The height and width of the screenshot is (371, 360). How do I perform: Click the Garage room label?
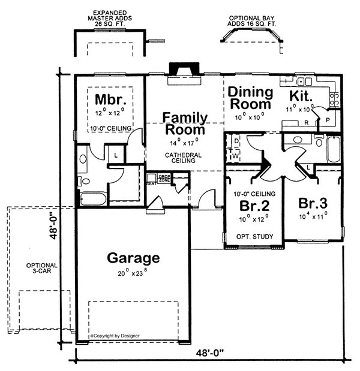[133, 258]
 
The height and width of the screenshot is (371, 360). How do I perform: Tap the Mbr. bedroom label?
[108, 98]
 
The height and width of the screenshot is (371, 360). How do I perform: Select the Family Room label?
[186, 123]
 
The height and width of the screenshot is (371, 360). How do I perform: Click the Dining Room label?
[251, 98]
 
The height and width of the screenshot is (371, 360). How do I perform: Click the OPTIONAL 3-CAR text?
[41, 269]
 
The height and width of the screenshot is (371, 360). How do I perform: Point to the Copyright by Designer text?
[115, 336]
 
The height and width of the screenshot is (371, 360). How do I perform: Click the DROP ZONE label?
[164, 179]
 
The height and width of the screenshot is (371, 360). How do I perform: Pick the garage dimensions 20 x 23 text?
[133, 274]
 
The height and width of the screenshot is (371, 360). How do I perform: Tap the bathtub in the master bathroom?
[92, 198]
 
